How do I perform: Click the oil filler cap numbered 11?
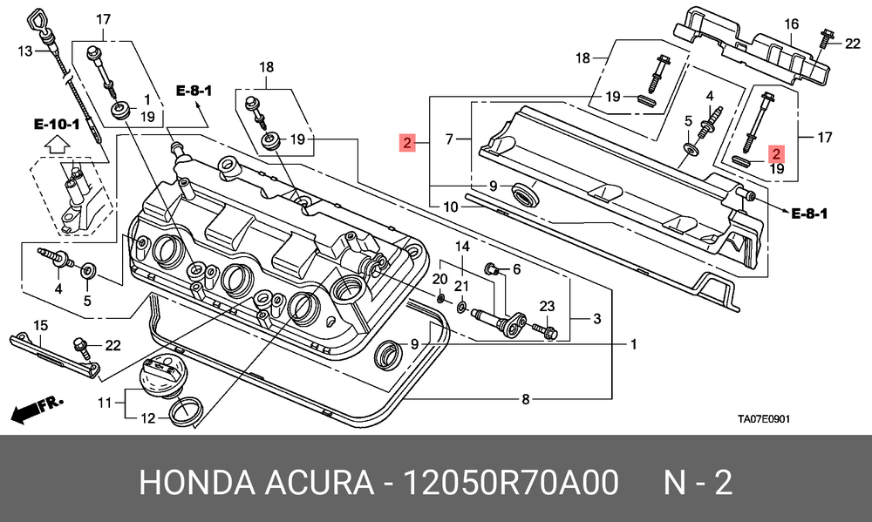pyautogui.click(x=159, y=377)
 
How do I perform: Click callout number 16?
pyautogui.click(x=792, y=24)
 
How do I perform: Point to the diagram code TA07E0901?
pyautogui.click(x=764, y=418)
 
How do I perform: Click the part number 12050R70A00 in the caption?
pyautogui.click(x=510, y=482)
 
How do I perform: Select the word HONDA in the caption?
pyautogui.click(x=196, y=482)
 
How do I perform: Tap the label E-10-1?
pyautogui.click(x=57, y=124)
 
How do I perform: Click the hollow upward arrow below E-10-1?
pyautogui.click(x=56, y=146)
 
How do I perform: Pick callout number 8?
pyautogui.click(x=526, y=398)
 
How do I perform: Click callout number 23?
pyautogui.click(x=548, y=306)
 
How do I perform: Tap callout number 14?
pyautogui.click(x=463, y=247)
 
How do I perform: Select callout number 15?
pyautogui.click(x=41, y=325)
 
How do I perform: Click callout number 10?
pyautogui.click(x=451, y=207)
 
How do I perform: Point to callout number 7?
pyautogui.click(x=449, y=139)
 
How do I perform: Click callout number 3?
pyautogui.click(x=596, y=319)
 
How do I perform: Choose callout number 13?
pyautogui.click(x=25, y=51)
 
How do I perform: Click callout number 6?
pyautogui.click(x=516, y=269)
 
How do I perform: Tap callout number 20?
pyautogui.click(x=439, y=279)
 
